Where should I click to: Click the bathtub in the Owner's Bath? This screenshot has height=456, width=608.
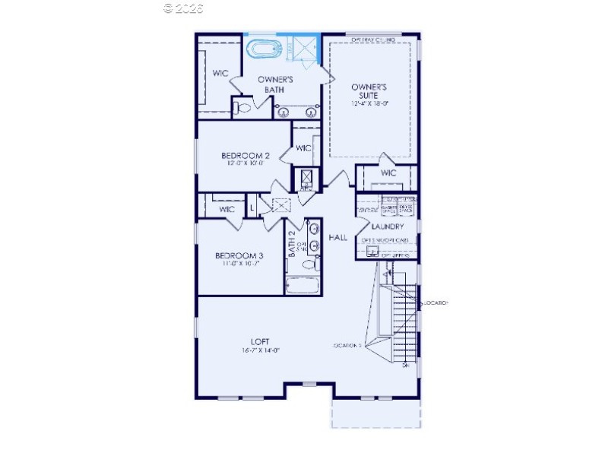point(265,51)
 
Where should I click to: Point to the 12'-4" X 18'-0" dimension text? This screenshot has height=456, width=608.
point(370,104)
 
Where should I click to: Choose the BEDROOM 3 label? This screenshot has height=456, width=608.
point(239,255)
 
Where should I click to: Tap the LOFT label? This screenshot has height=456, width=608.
point(261,341)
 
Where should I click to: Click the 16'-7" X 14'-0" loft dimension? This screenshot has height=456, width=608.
point(261,350)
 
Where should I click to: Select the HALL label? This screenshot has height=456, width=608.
point(337,238)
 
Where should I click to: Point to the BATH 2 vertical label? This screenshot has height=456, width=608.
point(292,244)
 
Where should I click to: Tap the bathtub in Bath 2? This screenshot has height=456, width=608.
point(305,287)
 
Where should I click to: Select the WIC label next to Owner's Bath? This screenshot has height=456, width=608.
point(220,73)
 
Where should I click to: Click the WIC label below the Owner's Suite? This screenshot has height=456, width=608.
point(388,173)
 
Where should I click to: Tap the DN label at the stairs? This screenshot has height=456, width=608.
point(406,366)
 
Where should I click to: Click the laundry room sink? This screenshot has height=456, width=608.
point(372,250)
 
